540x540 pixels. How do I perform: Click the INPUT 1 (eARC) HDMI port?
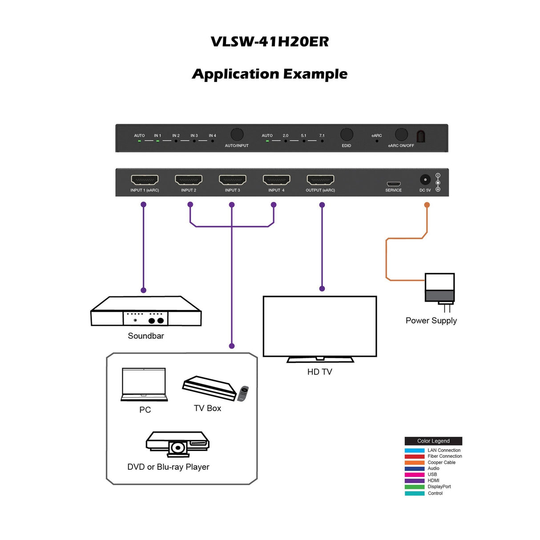click(145, 180)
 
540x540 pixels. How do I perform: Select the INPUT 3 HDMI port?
click(232, 180)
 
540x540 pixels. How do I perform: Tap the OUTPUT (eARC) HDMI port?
click(320, 180)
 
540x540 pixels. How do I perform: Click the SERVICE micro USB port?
click(393, 184)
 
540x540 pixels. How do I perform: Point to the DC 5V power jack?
click(425, 180)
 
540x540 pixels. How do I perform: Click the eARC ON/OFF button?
click(401, 134)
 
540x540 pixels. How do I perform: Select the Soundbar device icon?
click(146, 312)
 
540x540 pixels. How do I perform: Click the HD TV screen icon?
click(319, 326)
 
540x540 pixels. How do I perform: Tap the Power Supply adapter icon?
click(439, 289)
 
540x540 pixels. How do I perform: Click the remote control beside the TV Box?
click(243, 393)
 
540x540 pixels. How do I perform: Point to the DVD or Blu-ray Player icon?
click(177, 444)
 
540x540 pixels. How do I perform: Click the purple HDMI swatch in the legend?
click(414, 481)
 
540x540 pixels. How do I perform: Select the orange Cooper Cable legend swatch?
click(414, 463)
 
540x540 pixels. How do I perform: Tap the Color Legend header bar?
click(433, 441)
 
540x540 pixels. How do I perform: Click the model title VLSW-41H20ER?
click(270, 41)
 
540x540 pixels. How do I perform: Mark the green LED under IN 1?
click(157, 141)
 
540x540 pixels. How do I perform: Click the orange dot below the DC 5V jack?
click(427, 205)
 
